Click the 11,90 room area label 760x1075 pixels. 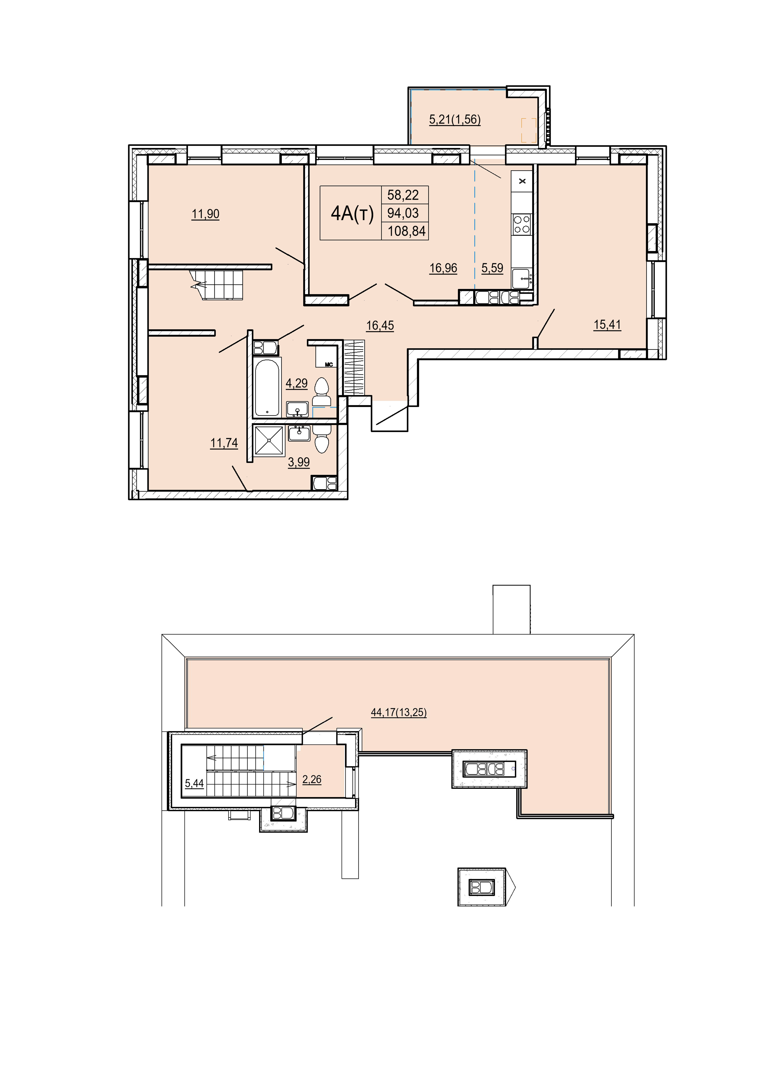205,215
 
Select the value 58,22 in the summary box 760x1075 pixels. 403,195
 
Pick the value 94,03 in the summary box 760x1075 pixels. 403,213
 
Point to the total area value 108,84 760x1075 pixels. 407,231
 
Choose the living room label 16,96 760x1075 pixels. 443,268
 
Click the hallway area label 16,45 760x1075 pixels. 380,325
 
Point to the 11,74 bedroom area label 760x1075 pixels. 224,443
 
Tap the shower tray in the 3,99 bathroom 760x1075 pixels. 269,440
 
